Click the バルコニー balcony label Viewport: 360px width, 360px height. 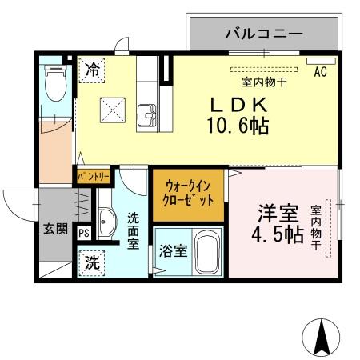point(263,34)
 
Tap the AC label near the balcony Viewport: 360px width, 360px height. point(321,71)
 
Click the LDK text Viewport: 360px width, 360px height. point(238,106)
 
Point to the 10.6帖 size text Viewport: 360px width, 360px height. point(238,126)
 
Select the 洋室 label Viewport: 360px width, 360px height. point(277,214)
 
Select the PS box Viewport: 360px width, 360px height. point(85,233)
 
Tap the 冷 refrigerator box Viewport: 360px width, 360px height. point(93,70)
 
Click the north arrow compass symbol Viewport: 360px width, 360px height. point(322,336)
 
